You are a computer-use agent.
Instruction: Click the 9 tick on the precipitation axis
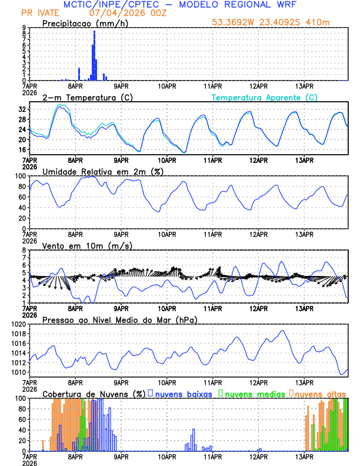coord(24,27)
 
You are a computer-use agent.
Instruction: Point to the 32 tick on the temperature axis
coord(22,109)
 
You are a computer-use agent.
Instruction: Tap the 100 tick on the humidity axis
coord(20,176)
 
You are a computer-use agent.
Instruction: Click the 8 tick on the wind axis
coord(24,250)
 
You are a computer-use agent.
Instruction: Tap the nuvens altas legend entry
coord(318,393)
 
